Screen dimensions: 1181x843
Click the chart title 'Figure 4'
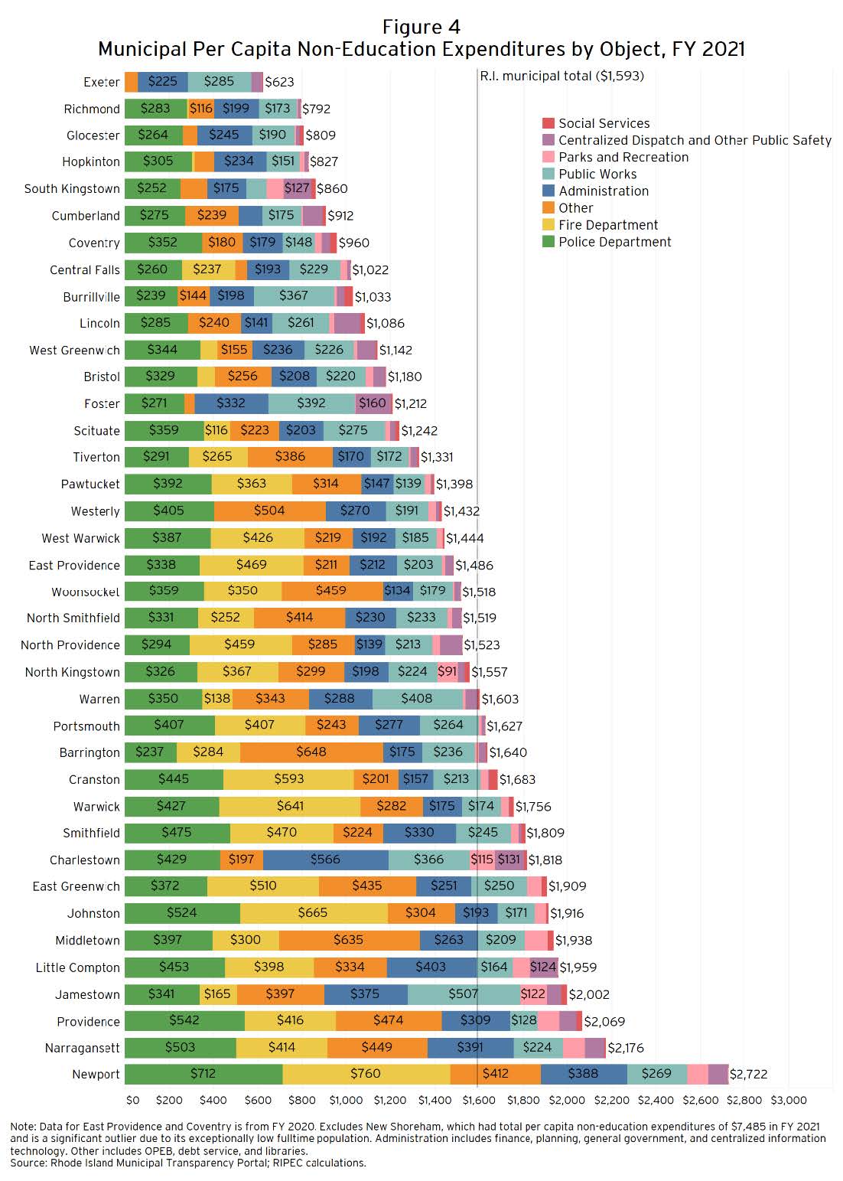coord(421,28)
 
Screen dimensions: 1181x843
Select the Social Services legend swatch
coord(548,123)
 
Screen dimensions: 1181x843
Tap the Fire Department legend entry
coord(607,225)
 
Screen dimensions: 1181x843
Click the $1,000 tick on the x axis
coord(346,1100)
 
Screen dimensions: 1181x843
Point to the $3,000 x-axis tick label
coord(788,1100)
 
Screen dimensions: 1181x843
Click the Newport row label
coord(96,1074)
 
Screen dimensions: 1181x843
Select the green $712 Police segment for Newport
coord(203,1074)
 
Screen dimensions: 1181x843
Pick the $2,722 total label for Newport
coord(748,1074)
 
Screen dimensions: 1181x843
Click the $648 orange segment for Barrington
coord(311,752)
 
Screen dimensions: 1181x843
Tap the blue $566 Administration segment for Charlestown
coord(325,860)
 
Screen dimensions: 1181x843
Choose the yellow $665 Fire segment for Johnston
coord(313,913)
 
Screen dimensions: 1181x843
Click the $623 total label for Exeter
coord(279,82)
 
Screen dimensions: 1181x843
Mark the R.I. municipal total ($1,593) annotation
coord(562,76)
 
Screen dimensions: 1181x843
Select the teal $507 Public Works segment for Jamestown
coord(464,994)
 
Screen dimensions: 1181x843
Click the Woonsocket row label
coord(85,592)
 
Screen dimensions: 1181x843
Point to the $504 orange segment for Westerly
coord(269,511)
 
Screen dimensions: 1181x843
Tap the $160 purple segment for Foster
coord(373,403)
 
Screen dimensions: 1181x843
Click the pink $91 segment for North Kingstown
coord(447,672)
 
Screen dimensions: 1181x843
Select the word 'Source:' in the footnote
coord(28,1163)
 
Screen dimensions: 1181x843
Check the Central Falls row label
coord(84,269)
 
